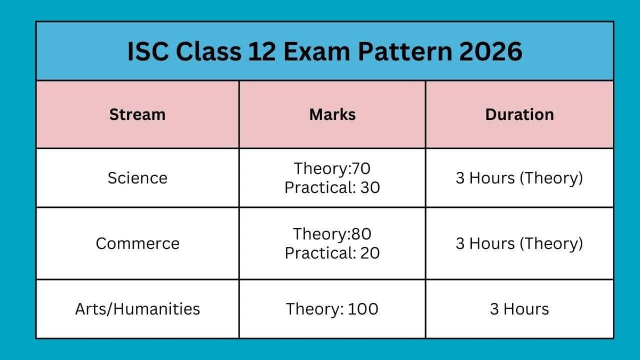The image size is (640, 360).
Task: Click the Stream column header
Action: tap(137, 115)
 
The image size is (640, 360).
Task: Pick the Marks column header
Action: tap(332, 115)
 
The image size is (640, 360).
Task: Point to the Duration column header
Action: tap(519, 115)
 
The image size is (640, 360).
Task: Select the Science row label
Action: tap(137, 178)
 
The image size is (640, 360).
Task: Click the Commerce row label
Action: tap(137, 244)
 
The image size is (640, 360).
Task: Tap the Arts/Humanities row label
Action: tap(137, 309)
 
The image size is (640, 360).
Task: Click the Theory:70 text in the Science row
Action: tap(332, 169)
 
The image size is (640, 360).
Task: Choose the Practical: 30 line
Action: tap(332, 188)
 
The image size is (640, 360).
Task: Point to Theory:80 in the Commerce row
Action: tap(332, 234)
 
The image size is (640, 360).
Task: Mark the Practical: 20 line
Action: tap(332, 253)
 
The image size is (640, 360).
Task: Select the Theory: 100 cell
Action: tap(332, 309)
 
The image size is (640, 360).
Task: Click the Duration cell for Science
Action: tap(519, 178)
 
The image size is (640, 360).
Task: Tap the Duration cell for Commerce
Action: tap(519, 244)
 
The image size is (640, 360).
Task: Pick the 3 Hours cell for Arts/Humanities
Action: tap(519, 309)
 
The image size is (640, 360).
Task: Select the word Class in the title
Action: tap(208, 52)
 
